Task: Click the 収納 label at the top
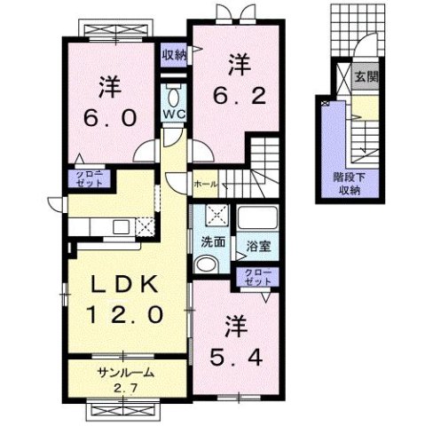click(x=174, y=54)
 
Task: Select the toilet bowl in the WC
click(x=174, y=95)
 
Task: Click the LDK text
click(x=124, y=285)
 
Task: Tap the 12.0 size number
click(x=124, y=313)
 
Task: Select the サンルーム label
click(x=127, y=373)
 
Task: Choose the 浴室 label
click(x=256, y=240)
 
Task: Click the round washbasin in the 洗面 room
click(x=205, y=263)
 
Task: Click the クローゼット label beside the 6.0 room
click(x=88, y=177)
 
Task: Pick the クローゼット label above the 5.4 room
click(x=256, y=277)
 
